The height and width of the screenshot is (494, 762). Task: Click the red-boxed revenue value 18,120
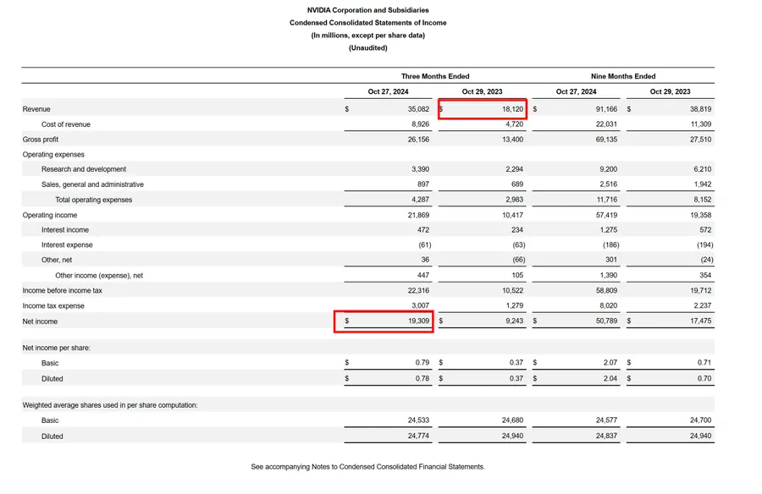[513, 109]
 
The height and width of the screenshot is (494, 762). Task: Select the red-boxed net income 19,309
[418, 321]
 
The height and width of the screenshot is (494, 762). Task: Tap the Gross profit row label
[41, 140]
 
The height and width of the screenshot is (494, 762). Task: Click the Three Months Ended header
[435, 76]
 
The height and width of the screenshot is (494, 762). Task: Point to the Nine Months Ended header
[623, 76]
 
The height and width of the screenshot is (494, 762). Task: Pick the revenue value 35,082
[418, 109]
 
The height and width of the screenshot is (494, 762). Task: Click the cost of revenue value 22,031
[606, 124]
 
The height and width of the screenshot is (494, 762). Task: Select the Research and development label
[84, 169]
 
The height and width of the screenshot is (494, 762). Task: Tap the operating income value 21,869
[418, 215]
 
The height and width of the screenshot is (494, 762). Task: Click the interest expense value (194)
[705, 244]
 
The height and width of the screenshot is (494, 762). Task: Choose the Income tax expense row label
[53, 306]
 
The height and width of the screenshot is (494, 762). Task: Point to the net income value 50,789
[606, 321]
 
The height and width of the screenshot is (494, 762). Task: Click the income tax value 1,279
[514, 305]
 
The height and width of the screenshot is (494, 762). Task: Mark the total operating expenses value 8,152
[702, 200]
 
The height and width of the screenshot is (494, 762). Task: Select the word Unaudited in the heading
[368, 48]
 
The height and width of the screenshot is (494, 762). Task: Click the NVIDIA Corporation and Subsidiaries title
[368, 10]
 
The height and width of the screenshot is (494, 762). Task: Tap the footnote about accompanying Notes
[368, 467]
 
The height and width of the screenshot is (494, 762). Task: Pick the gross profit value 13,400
[513, 140]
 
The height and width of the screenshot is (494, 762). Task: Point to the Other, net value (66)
[518, 260]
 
